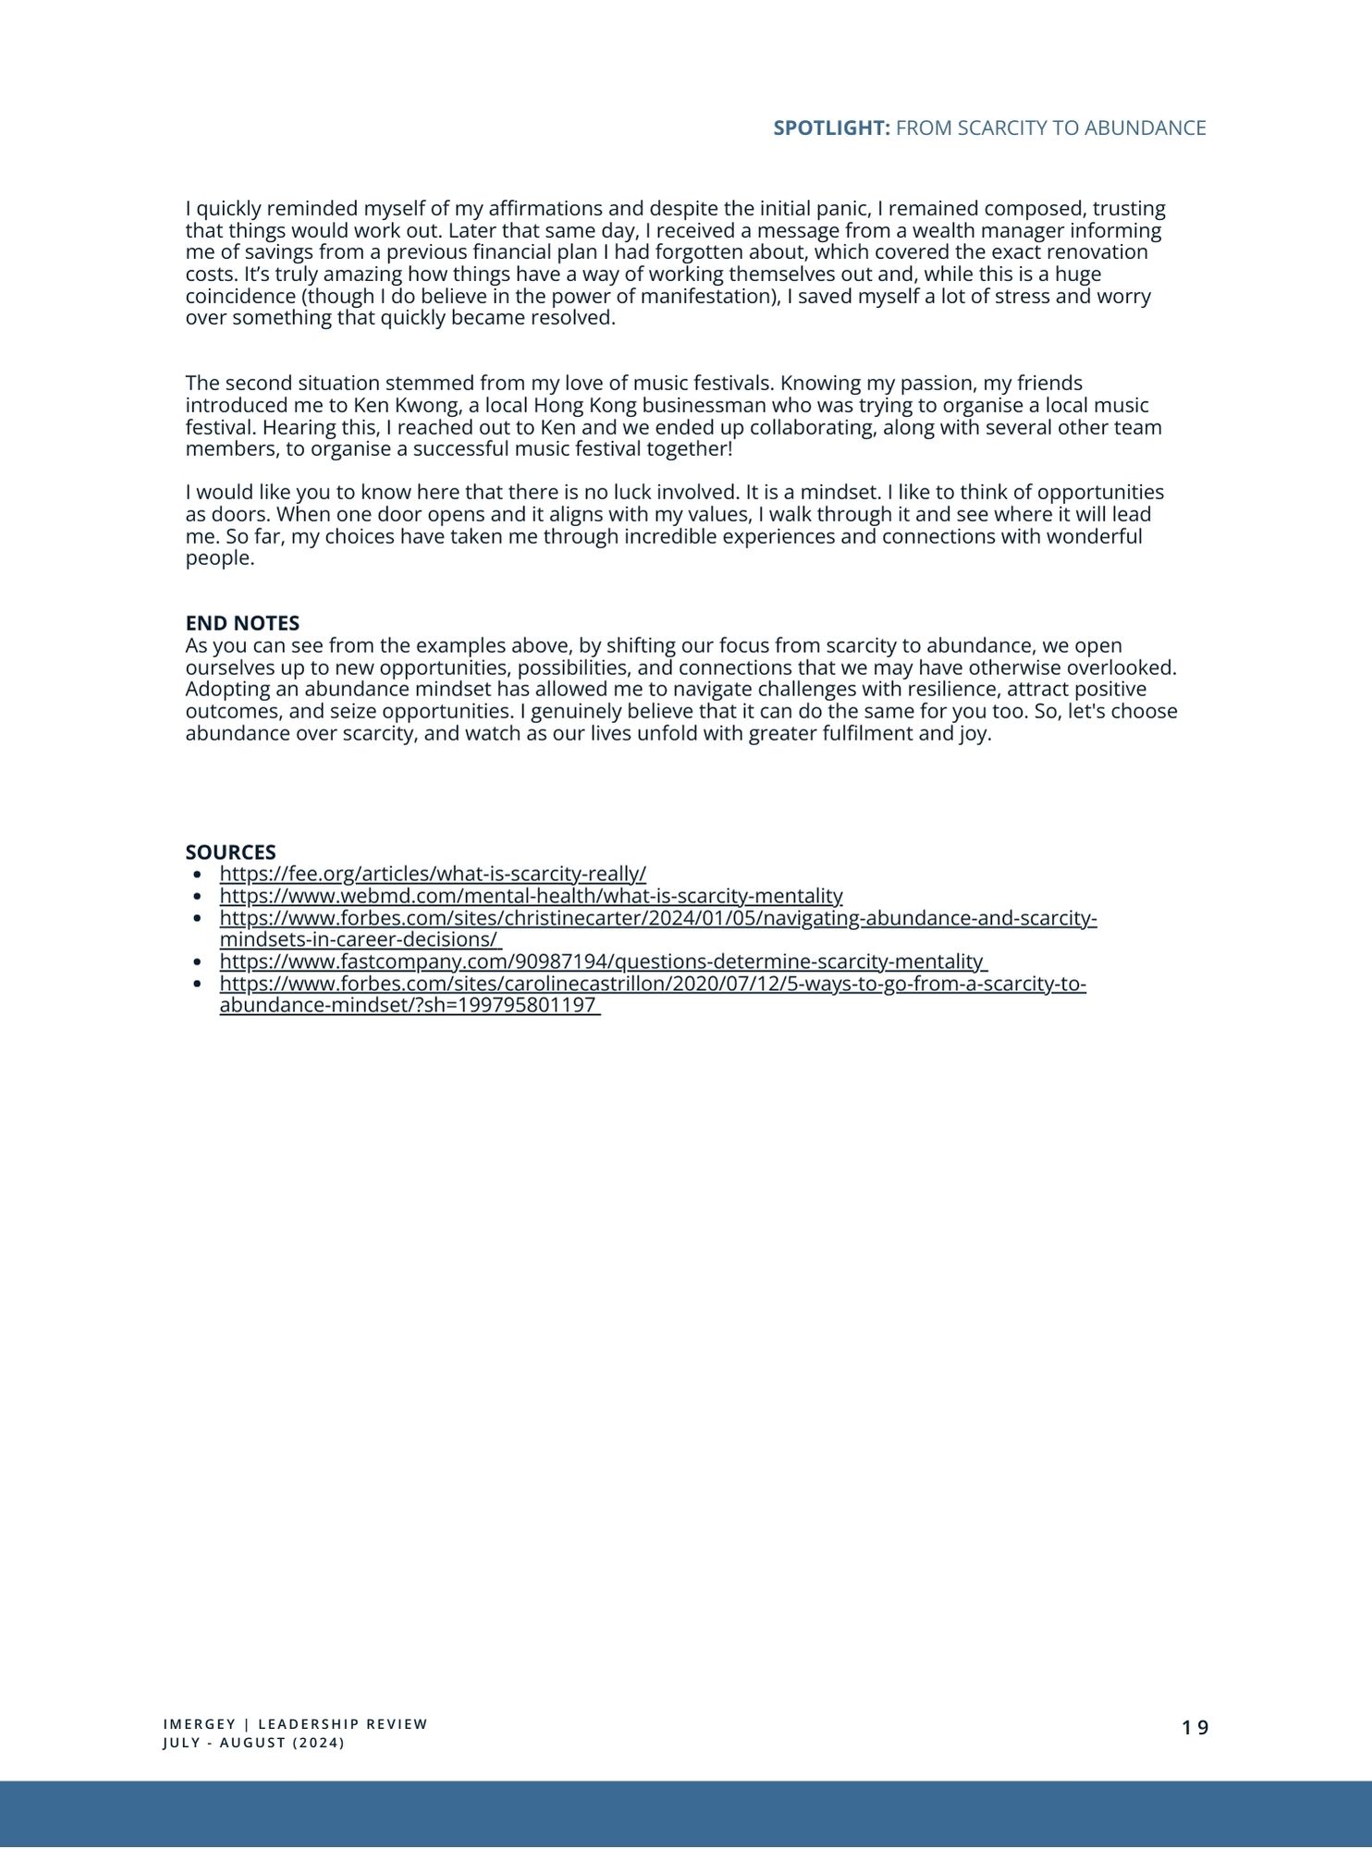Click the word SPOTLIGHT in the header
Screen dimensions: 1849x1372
(x=830, y=129)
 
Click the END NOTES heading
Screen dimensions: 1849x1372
(x=242, y=623)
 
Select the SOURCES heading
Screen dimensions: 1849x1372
(x=230, y=852)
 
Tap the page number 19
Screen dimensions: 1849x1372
(x=1194, y=1728)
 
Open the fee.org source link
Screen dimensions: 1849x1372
(x=433, y=874)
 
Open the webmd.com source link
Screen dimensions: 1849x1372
(x=531, y=896)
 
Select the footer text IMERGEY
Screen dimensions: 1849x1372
(x=200, y=1724)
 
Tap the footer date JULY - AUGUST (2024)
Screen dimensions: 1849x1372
(x=253, y=1743)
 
